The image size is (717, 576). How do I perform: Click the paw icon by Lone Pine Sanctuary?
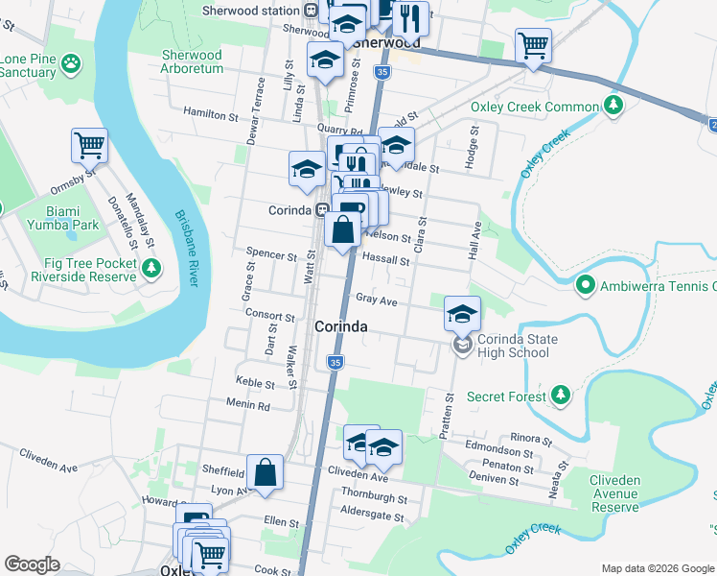coord(71,64)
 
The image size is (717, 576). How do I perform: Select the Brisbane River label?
coord(185,248)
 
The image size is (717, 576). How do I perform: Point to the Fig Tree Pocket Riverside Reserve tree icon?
coord(150,269)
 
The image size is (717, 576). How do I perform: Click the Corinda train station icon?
coord(323,209)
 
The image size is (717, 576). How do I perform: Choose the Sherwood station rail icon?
coord(311,10)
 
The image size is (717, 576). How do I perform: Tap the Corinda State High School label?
coord(513,347)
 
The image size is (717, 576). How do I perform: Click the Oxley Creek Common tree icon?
coord(612,107)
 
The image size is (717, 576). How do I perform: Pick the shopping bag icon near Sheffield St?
coord(266,473)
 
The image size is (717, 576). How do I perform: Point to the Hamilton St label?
coord(210,115)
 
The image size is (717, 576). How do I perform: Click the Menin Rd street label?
coord(247,406)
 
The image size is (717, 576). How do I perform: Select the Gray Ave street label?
coord(376,300)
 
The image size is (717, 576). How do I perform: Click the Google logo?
coord(32,564)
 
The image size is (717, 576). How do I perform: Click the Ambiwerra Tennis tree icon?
coord(585,285)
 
